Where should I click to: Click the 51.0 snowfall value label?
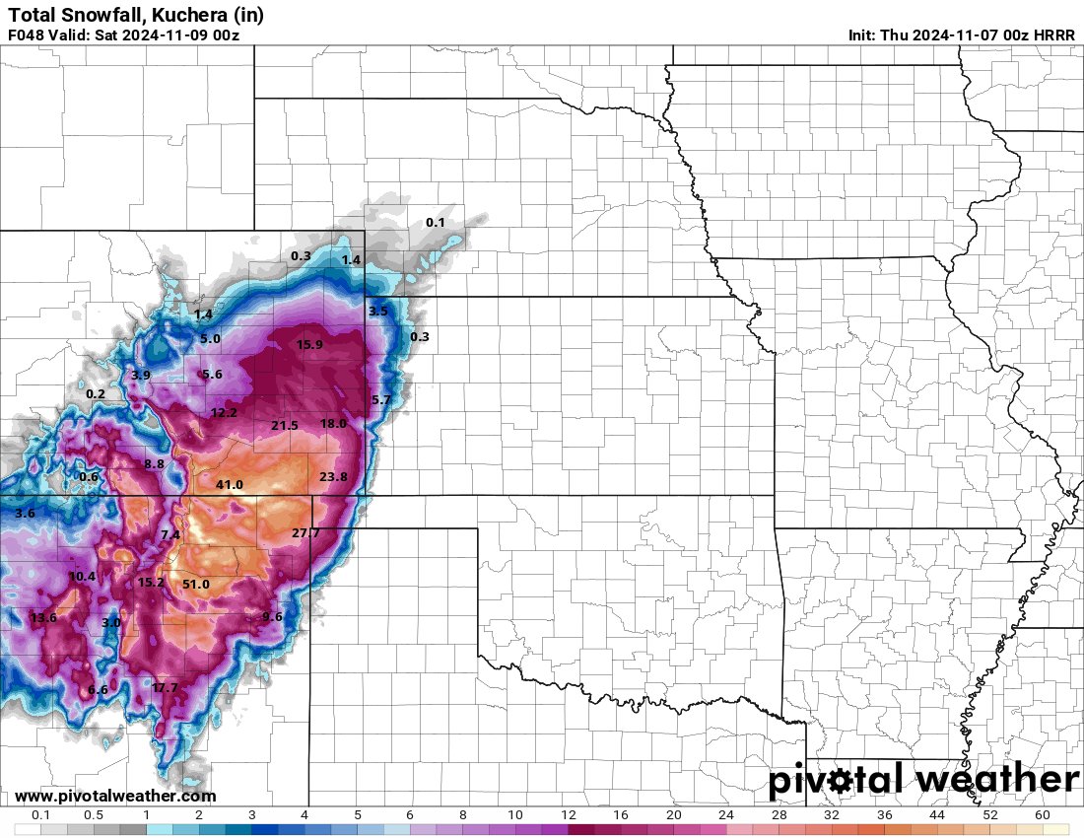[x=196, y=585]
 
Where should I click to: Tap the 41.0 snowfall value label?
[x=230, y=485]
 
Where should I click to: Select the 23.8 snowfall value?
[x=334, y=477]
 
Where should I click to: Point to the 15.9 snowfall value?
[x=309, y=345]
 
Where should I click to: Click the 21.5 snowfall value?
[x=284, y=426]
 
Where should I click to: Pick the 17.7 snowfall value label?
[x=165, y=687]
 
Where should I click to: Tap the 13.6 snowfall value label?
[x=43, y=618]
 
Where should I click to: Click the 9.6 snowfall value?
[x=272, y=617]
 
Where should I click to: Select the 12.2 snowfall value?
[x=224, y=413]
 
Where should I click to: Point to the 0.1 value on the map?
[x=435, y=223]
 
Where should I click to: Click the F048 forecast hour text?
[x=26, y=35]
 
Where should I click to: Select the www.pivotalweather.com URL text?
[x=115, y=796]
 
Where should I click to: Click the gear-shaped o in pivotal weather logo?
[x=840, y=781]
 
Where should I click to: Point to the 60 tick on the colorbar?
[x=1043, y=815]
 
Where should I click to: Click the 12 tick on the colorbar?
[x=568, y=815]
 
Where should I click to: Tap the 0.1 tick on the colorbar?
[x=40, y=815]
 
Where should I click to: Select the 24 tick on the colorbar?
[x=726, y=815]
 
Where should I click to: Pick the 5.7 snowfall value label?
[x=381, y=399]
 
